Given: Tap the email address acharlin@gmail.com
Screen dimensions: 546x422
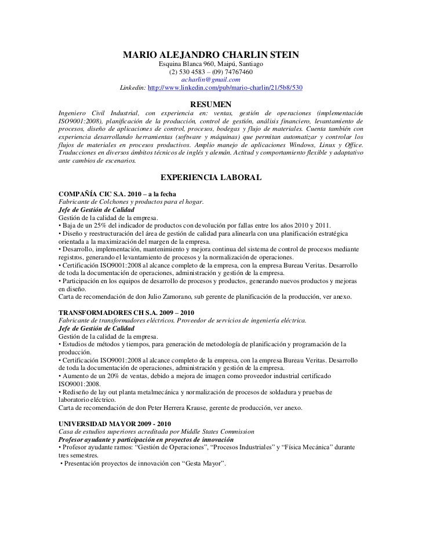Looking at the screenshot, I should coord(210,79).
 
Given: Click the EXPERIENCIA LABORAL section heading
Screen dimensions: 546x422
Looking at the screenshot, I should coord(211,177).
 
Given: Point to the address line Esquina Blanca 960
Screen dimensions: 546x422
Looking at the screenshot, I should coord(211,64).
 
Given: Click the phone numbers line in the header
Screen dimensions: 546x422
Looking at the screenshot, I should coord(211,72).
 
